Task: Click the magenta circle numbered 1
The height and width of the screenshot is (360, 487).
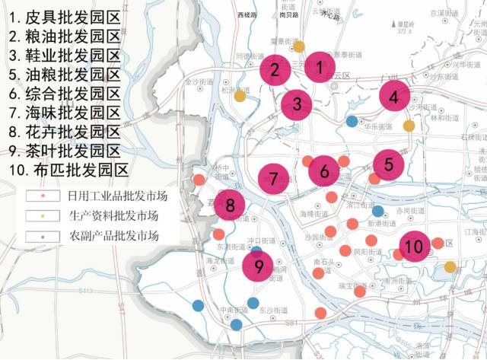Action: point(320,68)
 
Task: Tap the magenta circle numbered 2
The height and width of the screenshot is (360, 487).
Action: point(274,72)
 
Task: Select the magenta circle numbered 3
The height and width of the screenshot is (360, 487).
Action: point(297,105)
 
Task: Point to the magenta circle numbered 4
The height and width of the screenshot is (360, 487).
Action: point(393,97)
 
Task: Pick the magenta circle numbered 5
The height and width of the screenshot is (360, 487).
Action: point(388,164)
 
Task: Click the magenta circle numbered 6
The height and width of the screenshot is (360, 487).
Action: point(324,171)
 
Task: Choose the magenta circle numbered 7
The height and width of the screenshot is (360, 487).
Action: point(273,180)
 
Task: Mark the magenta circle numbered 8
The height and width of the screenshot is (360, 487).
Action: point(229,204)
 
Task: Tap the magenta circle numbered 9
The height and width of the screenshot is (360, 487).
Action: point(259,266)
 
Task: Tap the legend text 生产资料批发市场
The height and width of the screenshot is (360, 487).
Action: point(113,216)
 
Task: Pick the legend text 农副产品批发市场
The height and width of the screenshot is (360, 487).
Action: point(113,236)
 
